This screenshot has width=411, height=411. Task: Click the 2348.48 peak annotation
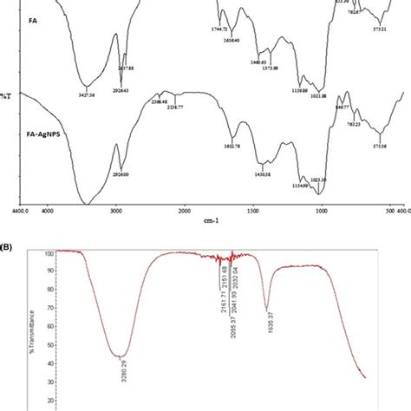click(153, 101)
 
